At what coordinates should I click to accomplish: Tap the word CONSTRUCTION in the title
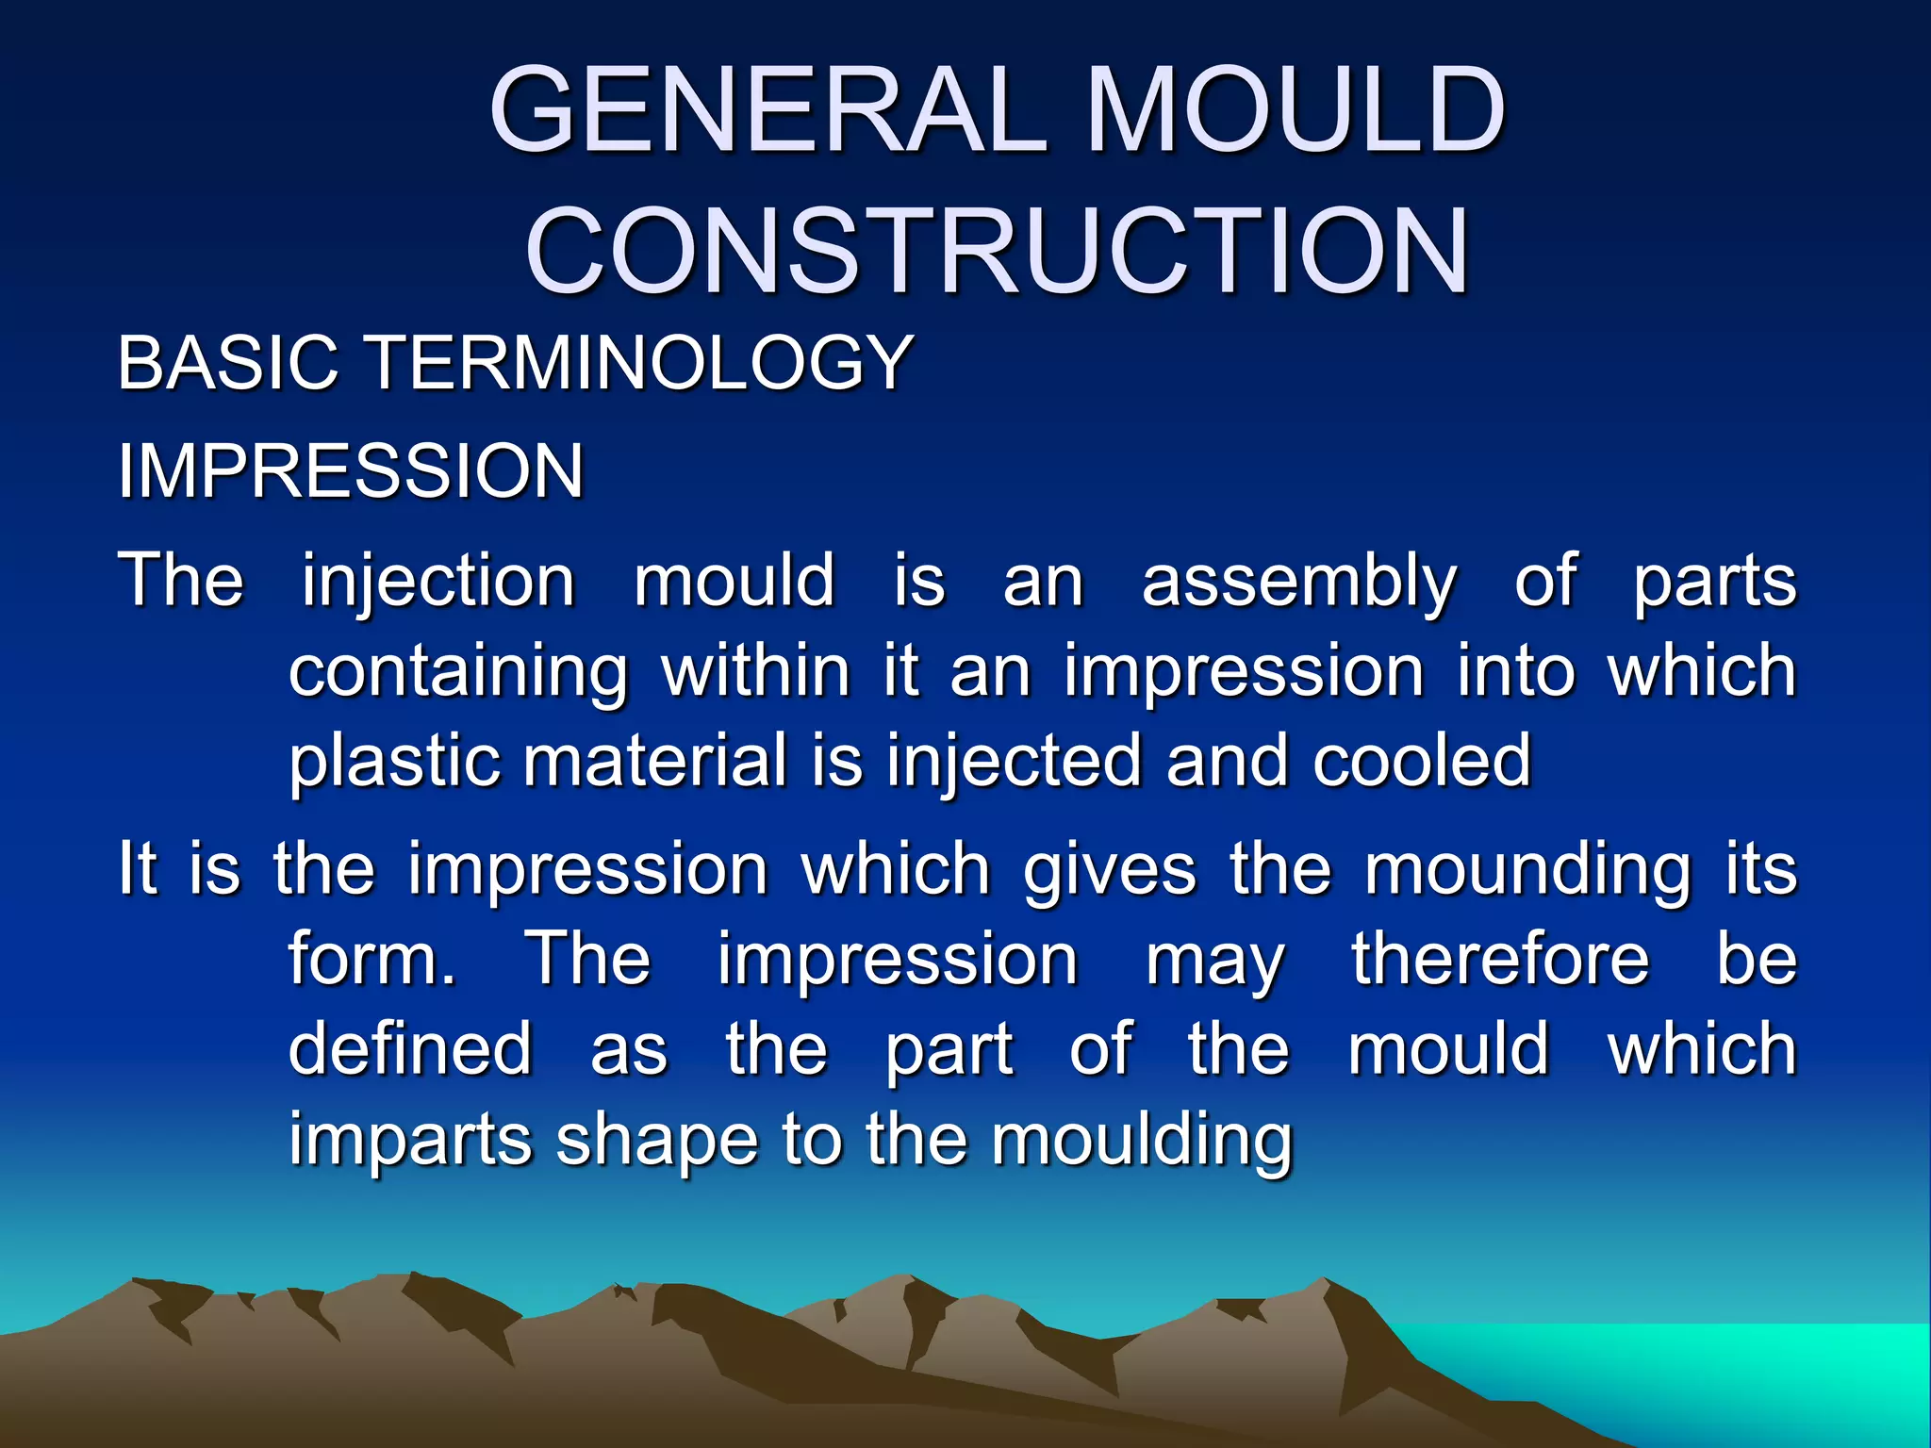tap(997, 252)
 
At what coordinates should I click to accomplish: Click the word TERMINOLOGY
tap(639, 362)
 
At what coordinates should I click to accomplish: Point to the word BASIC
tap(227, 362)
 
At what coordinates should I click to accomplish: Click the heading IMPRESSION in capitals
tap(351, 470)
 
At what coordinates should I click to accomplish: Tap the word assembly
tap(1298, 583)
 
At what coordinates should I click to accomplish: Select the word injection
tap(438, 583)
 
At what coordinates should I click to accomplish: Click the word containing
tap(458, 673)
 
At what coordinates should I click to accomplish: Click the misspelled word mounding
tap(1527, 871)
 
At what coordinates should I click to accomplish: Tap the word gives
tap(1110, 871)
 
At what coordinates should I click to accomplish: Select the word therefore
tap(1500, 959)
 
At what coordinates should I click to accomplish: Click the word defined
tap(410, 1049)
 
